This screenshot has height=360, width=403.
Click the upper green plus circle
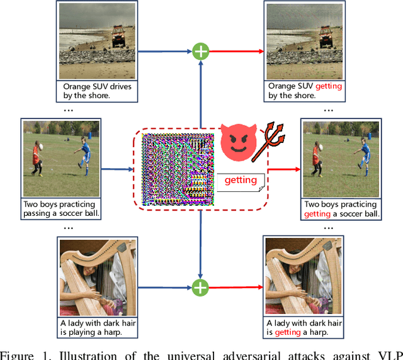(200, 51)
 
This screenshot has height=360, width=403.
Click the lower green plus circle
(200, 288)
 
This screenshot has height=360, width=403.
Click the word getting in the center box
(241, 180)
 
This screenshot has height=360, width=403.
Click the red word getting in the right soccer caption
(317, 214)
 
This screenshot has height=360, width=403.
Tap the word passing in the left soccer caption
(39, 214)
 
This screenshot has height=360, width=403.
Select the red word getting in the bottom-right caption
(287, 332)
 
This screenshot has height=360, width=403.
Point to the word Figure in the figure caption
(20, 354)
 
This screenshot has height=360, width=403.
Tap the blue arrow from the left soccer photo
(116, 169)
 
